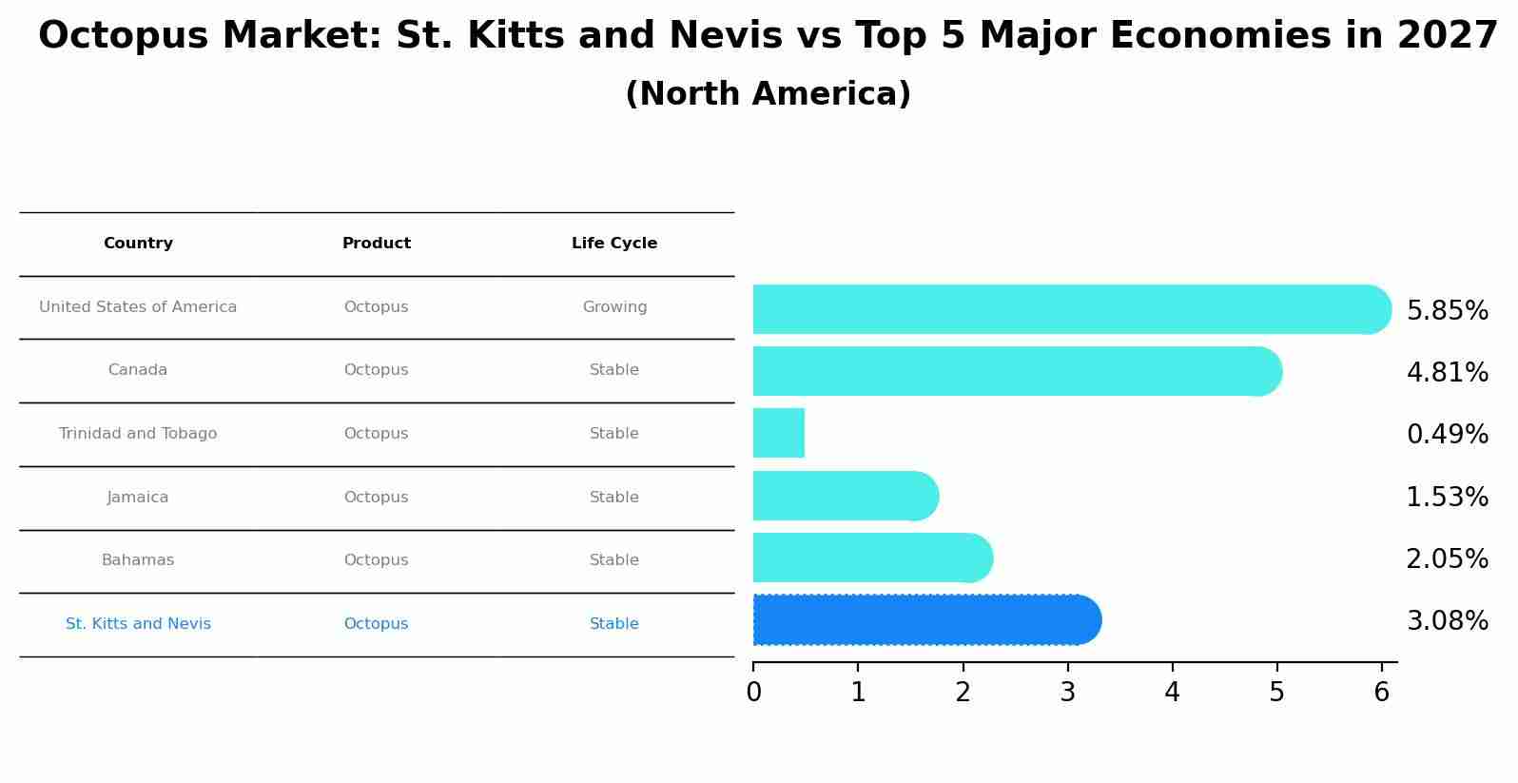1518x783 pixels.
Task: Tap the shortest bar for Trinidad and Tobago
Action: click(779, 433)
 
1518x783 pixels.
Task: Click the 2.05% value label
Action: click(1447, 559)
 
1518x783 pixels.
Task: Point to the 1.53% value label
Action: click(1447, 498)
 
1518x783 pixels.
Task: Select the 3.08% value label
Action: click(1447, 621)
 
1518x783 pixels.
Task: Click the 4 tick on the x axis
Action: click(1172, 693)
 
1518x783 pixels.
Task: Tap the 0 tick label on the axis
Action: click(753, 693)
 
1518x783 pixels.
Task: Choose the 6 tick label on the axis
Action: click(1382, 693)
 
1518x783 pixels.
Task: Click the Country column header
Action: click(138, 244)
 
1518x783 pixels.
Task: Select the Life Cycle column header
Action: click(614, 244)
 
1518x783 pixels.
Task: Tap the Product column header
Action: click(377, 244)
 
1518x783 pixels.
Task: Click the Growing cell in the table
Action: click(614, 307)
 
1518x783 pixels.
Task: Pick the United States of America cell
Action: click(138, 307)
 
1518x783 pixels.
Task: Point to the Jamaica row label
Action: click(138, 498)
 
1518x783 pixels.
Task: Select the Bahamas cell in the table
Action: click(138, 560)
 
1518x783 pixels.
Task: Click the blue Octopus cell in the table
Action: click(377, 624)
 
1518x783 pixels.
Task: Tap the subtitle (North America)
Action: click(768, 94)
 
